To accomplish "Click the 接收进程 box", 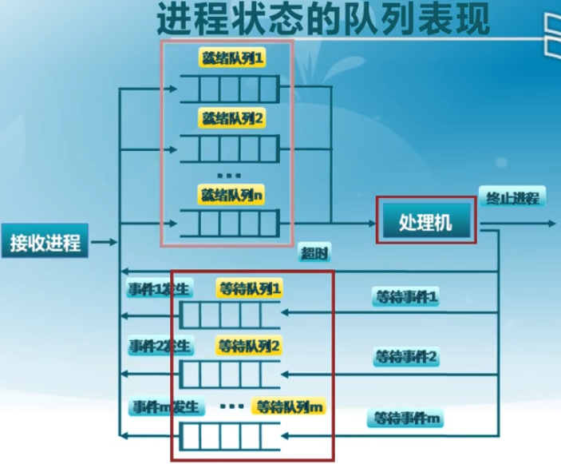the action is tap(45, 243).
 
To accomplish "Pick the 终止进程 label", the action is tap(509, 198).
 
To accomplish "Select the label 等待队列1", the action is tap(249, 286).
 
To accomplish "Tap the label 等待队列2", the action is tap(248, 346).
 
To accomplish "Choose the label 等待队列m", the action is tap(289, 406).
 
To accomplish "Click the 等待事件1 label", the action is tap(406, 297).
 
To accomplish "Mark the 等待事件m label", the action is tap(406, 417).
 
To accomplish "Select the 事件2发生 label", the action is tap(159, 346).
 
